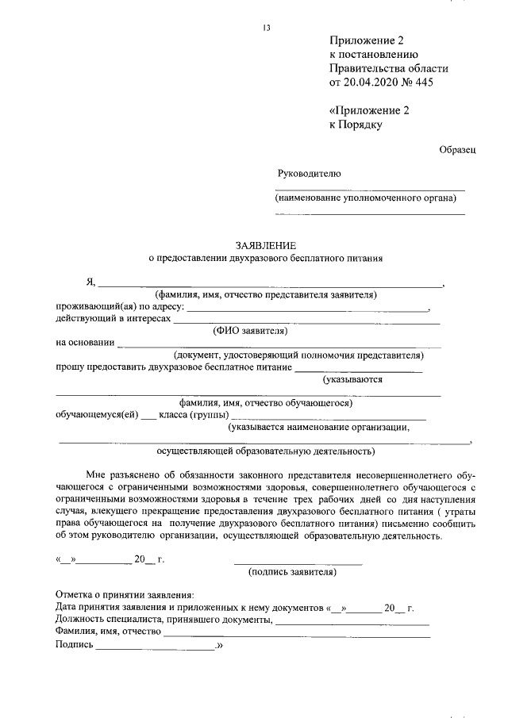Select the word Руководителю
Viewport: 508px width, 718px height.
click(x=309, y=173)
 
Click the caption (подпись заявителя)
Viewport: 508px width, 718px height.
click(x=292, y=570)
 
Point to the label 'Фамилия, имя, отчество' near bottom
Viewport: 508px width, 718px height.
click(x=108, y=633)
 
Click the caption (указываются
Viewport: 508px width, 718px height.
click(x=352, y=379)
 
